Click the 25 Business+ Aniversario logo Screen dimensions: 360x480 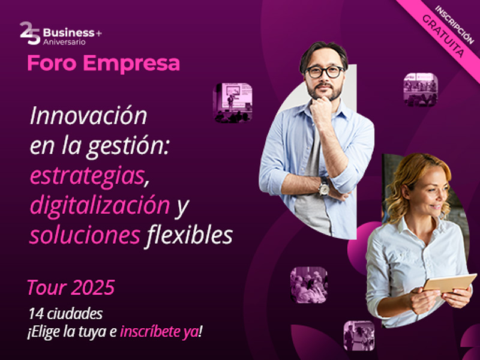point(61,34)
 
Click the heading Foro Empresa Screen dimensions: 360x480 point(103,64)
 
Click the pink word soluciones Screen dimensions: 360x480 point(84,235)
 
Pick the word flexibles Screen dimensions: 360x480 point(189,235)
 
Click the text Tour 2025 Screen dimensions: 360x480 point(70,288)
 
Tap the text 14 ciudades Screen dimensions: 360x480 point(65,313)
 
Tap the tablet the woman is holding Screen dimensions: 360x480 point(449,283)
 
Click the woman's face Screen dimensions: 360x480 point(431,190)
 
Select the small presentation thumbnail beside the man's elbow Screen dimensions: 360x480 point(233,103)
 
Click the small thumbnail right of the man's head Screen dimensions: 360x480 point(420,89)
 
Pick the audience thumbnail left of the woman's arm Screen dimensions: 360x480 point(309,284)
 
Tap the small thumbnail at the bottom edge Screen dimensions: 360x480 point(359,336)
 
